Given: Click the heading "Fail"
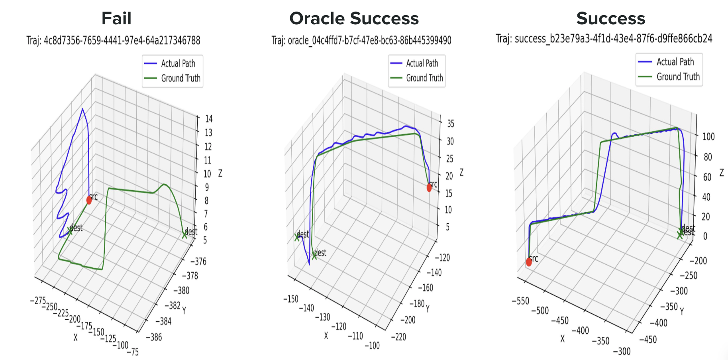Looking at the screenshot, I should coord(116,18).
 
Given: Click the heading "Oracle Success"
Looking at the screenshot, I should coord(354,18).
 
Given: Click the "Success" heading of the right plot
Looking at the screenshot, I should coord(610,18).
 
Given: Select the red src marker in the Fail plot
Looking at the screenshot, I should coord(89,200).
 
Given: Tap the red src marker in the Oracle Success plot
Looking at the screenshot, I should coord(429,187).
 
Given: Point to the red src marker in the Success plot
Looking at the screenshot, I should coord(529,262).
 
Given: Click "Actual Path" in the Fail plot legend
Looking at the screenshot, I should coord(178,64).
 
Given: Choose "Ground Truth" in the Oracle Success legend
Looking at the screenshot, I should coord(424,78).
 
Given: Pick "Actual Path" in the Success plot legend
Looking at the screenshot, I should coord(675,62).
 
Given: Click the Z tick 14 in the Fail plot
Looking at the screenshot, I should coord(209,119).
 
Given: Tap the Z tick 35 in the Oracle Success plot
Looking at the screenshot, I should coord(451,124).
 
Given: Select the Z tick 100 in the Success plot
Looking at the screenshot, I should coord(708,137).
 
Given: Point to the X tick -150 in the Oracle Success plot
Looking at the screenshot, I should coord(291,299).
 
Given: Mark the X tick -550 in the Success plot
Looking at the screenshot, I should coord(520,301).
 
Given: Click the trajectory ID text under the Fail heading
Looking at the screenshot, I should coord(114,41).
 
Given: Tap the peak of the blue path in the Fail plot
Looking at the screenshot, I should coord(82,109).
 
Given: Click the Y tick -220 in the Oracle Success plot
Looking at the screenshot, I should coord(398,337).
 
